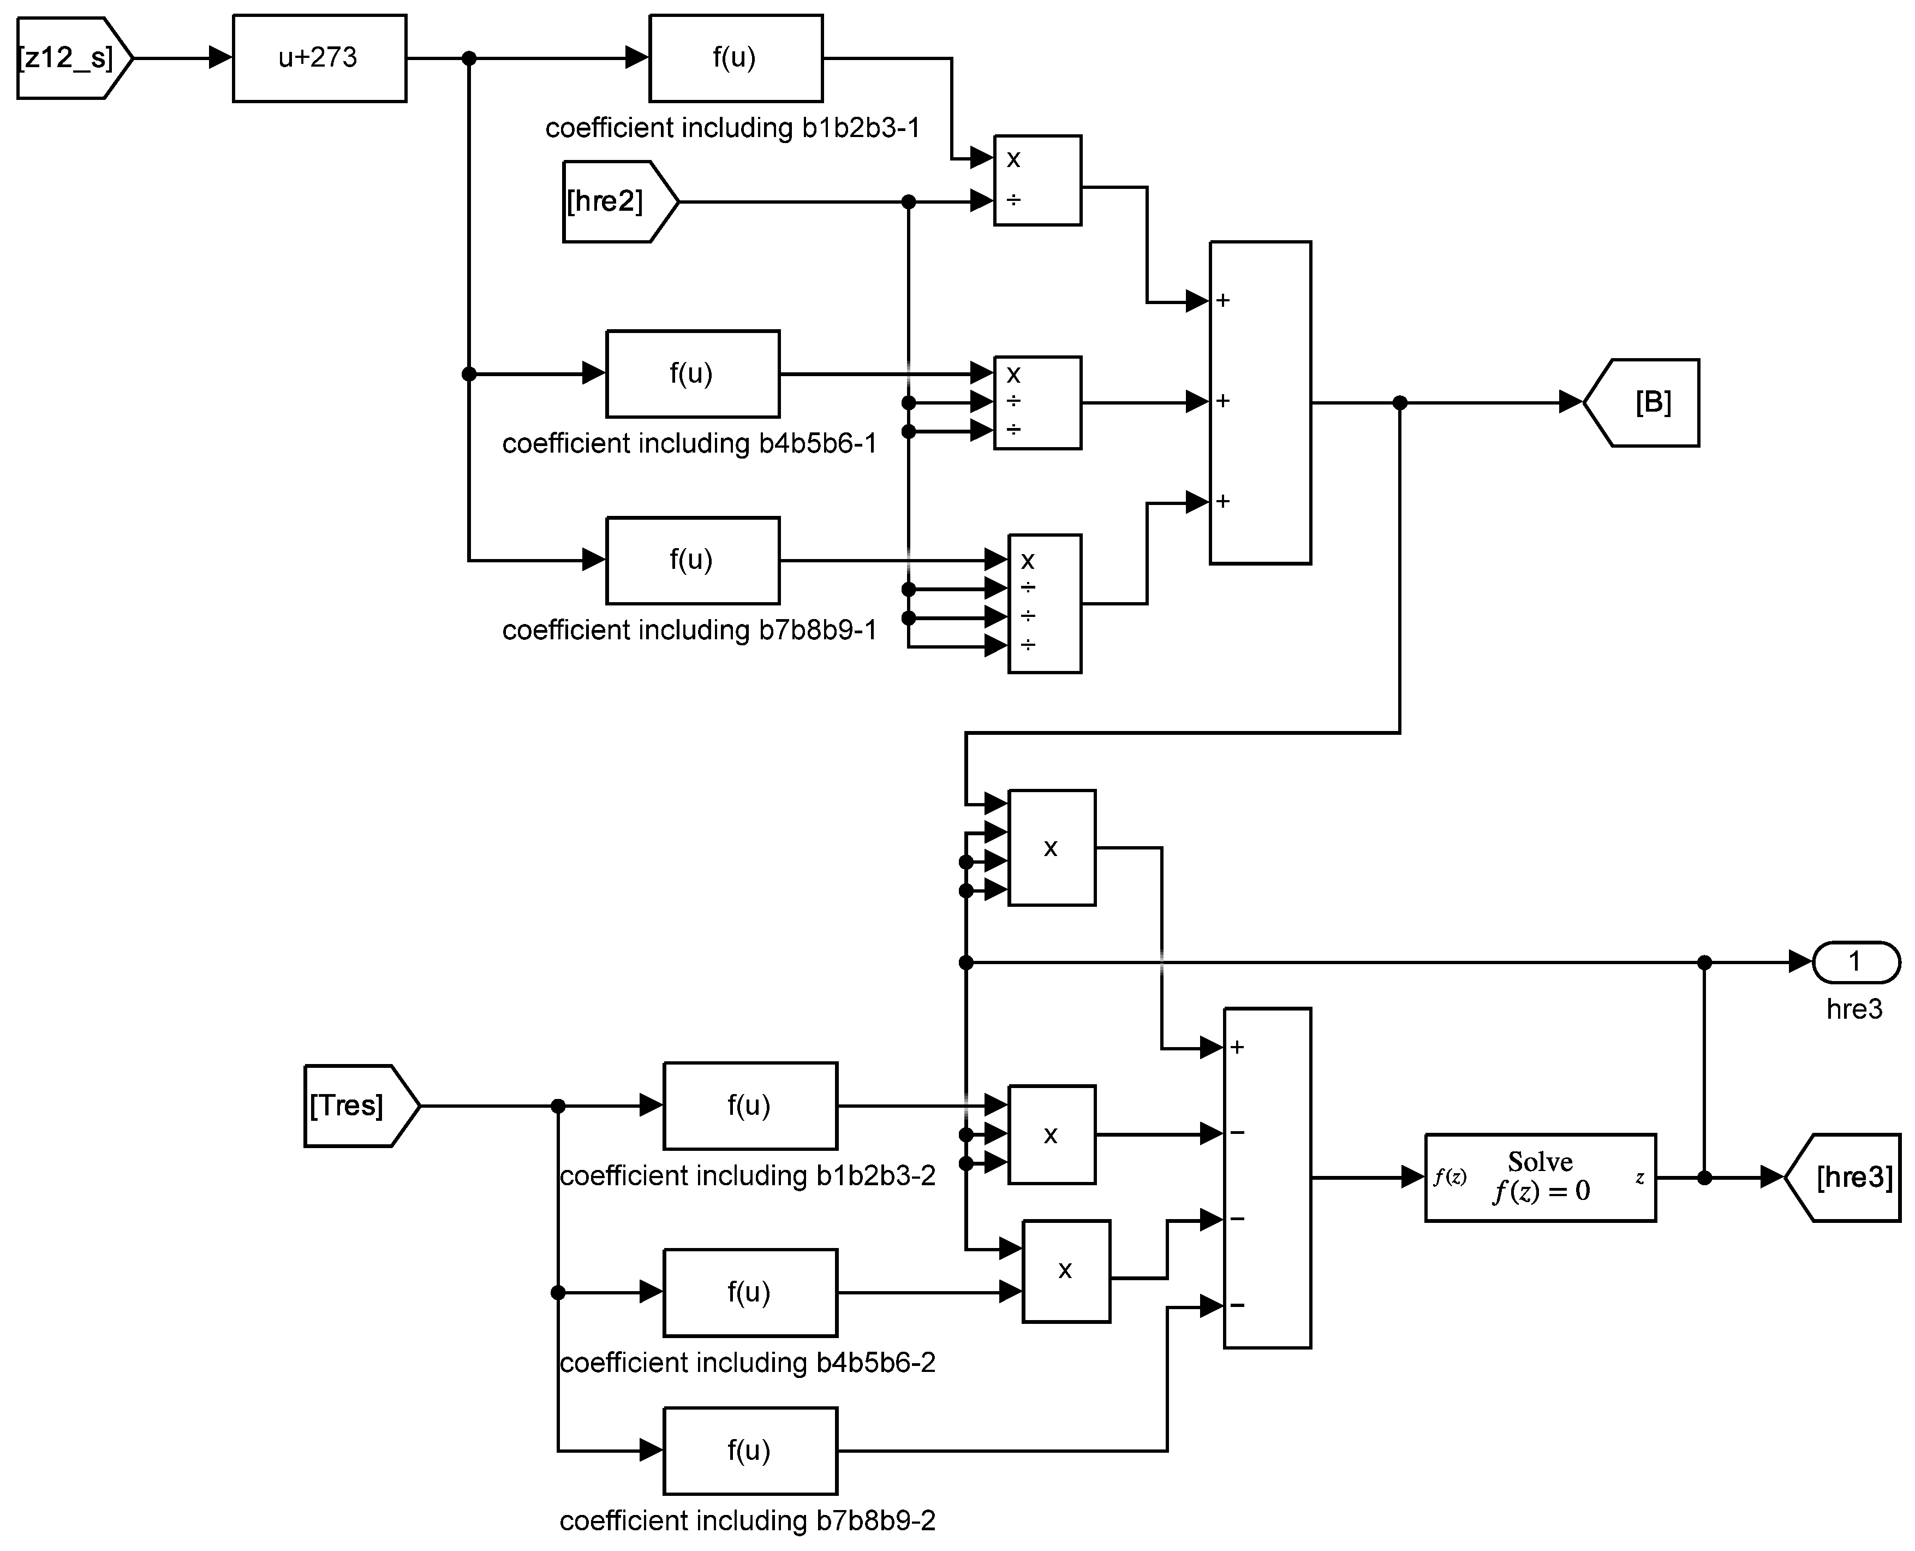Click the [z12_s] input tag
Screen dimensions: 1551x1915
point(71,58)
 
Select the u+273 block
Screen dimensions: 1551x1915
point(319,58)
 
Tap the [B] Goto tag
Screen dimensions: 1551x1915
point(1643,403)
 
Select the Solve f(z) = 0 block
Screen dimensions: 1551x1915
point(1540,1178)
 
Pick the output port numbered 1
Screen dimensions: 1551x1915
point(1855,962)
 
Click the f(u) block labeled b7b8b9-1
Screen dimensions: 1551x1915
point(692,560)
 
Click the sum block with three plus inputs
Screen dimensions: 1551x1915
point(1260,403)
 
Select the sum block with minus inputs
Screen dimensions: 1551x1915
point(1267,1178)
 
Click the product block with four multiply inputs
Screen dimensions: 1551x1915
point(1051,848)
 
